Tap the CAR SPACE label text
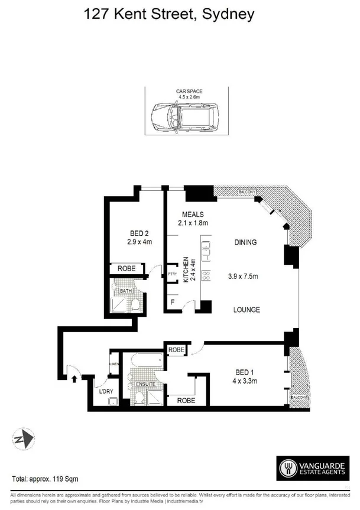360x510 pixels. click(x=189, y=92)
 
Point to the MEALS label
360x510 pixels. click(x=193, y=214)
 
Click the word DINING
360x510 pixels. click(x=245, y=242)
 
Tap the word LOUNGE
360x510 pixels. click(x=247, y=310)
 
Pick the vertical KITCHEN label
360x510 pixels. click(x=186, y=269)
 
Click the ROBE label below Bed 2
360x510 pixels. click(x=127, y=269)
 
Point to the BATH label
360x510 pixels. click(x=126, y=291)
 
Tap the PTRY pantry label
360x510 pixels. click(x=173, y=274)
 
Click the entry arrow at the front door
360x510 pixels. click(x=74, y=374)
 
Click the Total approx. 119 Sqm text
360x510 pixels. click(x=46, y=478)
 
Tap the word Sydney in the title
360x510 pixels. click(x=228, y=14)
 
